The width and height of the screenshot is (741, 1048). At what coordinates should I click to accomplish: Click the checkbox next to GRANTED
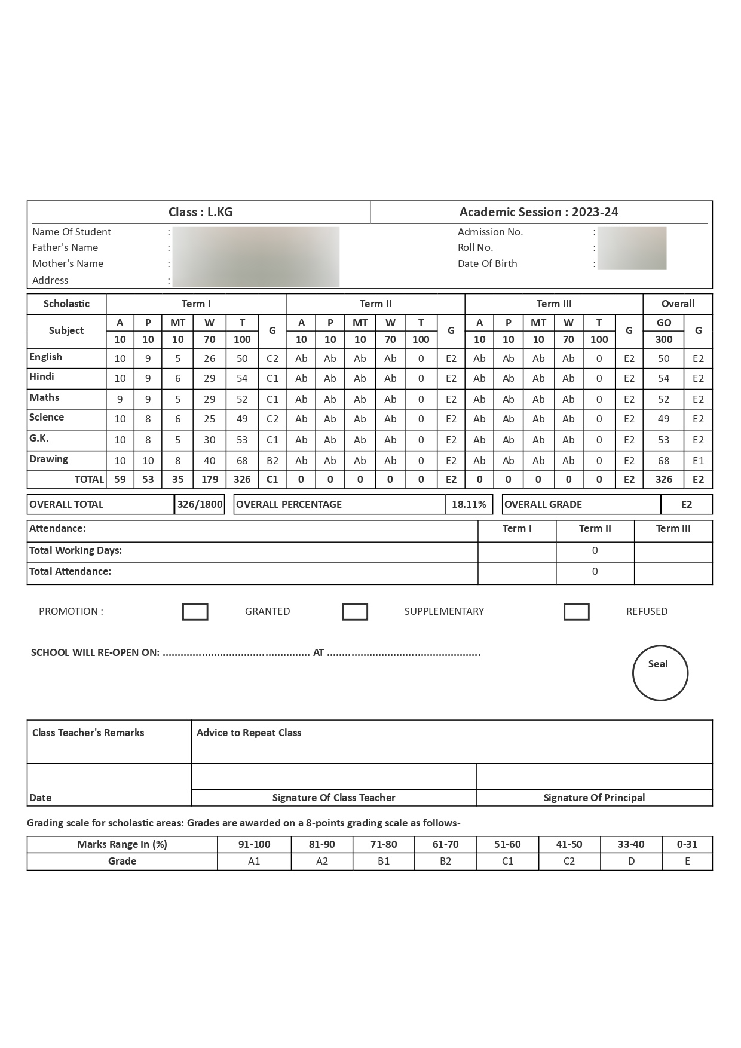[195, 612]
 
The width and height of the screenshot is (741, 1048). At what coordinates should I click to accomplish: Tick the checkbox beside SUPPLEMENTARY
[355, 612]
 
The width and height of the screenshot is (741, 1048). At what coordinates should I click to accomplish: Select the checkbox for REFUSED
[577, 612]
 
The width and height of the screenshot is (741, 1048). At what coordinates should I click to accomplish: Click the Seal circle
[660, 673]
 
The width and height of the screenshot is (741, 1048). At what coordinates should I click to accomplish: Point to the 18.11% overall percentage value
[469, 504]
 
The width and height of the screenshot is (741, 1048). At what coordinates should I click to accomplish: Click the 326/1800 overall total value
[200, 504]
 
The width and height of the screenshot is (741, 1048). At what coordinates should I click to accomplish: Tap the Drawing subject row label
[48, 459]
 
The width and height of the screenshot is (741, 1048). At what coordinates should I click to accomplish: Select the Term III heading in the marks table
[554, 304]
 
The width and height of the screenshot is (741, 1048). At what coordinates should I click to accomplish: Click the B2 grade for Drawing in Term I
[272, 461]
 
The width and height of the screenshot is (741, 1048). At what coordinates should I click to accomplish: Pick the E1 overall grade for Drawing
[698, 461]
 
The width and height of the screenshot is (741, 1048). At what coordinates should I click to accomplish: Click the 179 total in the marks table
[209, 479]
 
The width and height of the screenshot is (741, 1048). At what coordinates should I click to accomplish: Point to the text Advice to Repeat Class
[249, 733]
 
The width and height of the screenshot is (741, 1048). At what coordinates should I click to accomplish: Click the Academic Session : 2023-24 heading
[538, 212]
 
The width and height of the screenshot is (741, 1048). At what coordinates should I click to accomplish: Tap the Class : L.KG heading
[200, 212]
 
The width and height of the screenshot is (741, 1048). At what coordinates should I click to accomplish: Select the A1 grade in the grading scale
[254, 861]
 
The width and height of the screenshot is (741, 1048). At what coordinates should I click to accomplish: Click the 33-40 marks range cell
[631, 844]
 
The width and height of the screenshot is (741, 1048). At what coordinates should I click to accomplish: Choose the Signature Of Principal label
[594, 798]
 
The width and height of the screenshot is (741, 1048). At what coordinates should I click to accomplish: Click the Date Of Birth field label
[488, 263]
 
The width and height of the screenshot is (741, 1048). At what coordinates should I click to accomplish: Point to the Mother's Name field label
[68, 263]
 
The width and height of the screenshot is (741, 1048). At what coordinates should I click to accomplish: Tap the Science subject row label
[47, 418]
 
